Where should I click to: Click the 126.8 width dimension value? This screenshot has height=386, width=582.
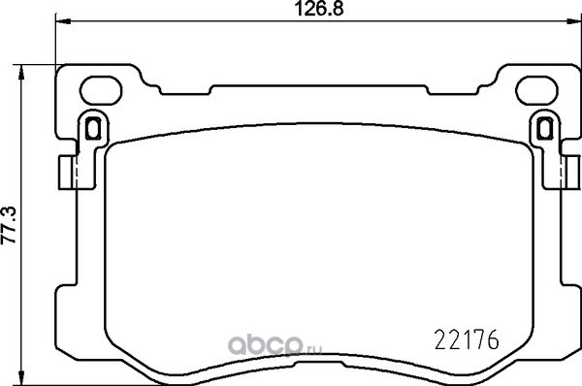tap(319, 9)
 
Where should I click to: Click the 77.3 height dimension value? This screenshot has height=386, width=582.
tap(9, 225)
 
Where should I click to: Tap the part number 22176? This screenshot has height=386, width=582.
tap(467, 340)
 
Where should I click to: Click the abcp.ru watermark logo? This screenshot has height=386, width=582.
tap(275, 345)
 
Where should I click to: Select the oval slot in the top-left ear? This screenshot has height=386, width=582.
tap(101, 90)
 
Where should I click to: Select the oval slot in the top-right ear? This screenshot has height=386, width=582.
tap(536, 90)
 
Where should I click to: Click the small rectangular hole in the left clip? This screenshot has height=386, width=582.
tap(93, 128)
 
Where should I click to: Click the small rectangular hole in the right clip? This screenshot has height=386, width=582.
tap(544, 128)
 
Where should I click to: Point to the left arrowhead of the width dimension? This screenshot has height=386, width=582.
tap(62, 21)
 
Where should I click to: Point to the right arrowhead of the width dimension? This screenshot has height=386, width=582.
tap(574, 21)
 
